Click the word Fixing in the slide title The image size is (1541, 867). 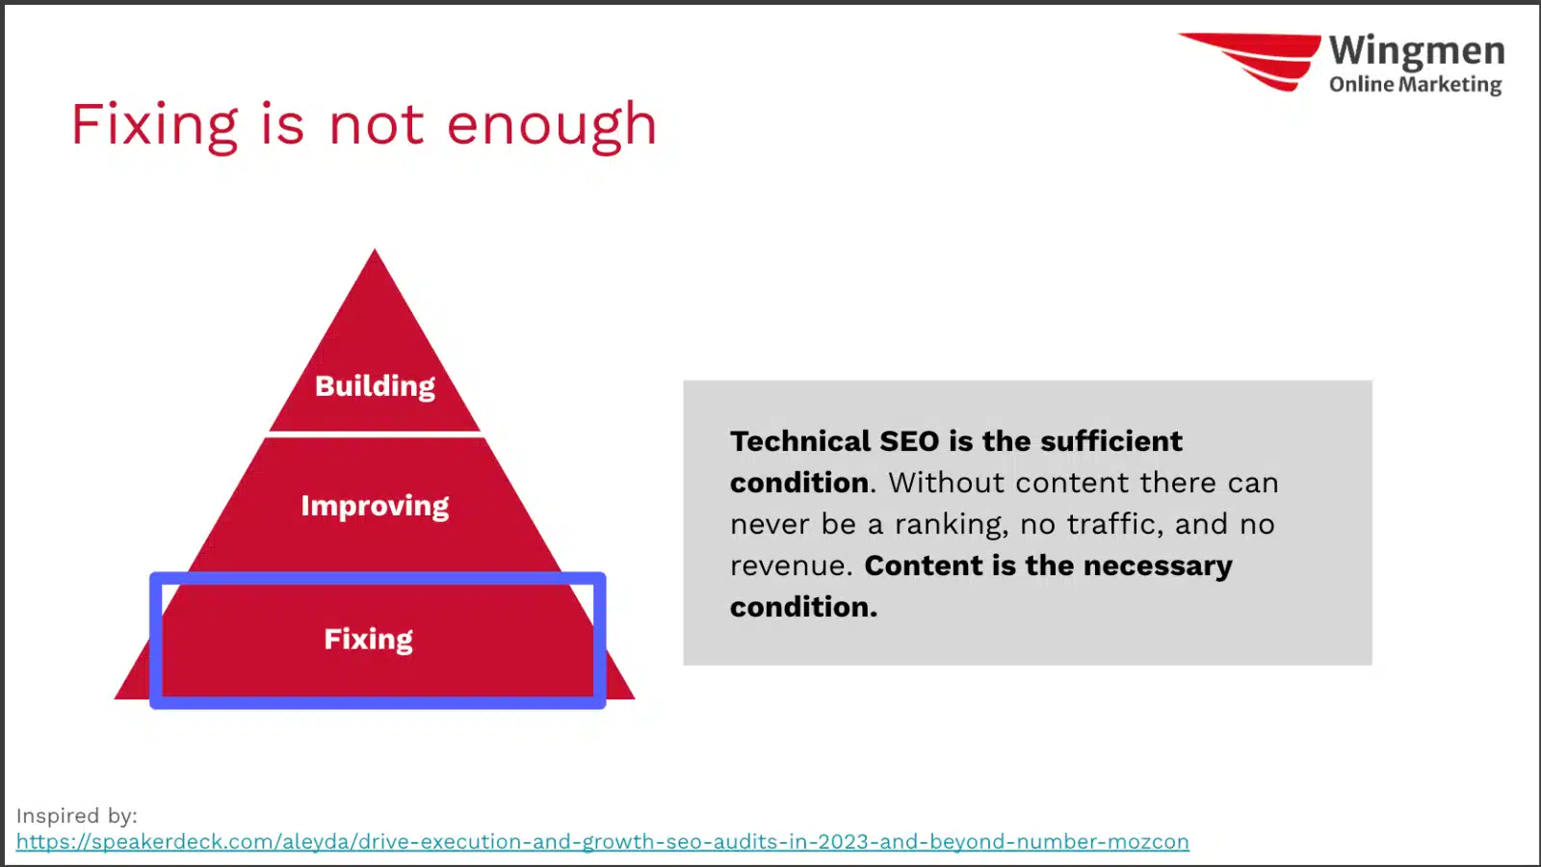tap(155, 125)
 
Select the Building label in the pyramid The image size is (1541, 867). tap(375, 386)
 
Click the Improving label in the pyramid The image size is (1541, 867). tap(375, 507)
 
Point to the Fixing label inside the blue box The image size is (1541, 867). tap(368, 640)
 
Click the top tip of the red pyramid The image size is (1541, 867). tap(375, 250)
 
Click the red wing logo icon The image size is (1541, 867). tap(1250, 62)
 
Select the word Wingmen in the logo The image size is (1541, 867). tap(1417, 52)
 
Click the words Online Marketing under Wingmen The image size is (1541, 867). tap(1415, 85)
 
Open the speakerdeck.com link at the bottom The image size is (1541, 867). tap(603, 842)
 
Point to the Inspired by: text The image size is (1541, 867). tap(77, 816)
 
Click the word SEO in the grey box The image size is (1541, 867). tap(909, 441)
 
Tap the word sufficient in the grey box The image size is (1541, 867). tap(1111, 441)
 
